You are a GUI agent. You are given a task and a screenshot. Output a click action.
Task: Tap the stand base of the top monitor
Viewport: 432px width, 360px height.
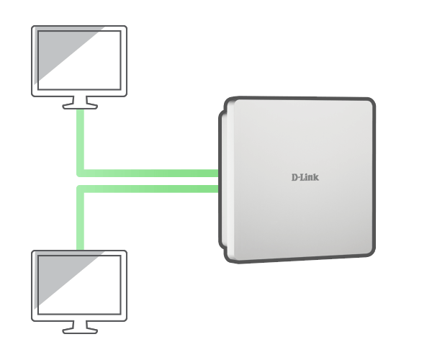(x=80, y=106)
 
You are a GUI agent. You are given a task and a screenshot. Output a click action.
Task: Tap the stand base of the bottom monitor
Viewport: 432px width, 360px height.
(x=80, y=330)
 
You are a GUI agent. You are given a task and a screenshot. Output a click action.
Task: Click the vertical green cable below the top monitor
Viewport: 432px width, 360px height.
(x=81, y=140)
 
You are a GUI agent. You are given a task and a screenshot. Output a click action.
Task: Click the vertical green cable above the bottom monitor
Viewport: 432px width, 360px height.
(x=81, y=220)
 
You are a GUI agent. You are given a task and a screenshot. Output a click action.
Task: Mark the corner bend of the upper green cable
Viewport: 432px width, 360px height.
(x=81, y=174)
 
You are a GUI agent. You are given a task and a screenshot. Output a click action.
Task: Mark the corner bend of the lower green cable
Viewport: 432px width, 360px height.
(x=81, y=189)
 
